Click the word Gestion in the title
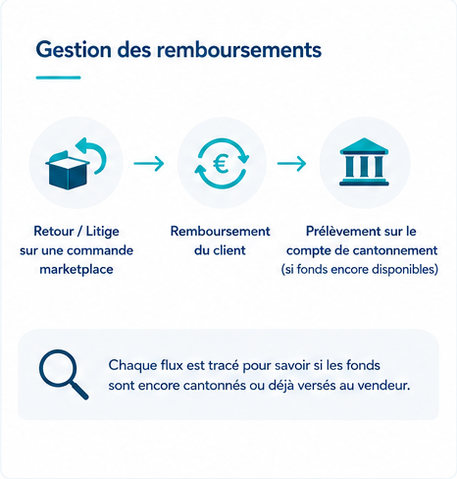click(74, 50)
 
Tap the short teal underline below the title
click(58, 78)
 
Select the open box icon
click(68, 170)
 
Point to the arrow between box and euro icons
click(149, 163)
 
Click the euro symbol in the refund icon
click(222, 163)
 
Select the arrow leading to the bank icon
click(291, 163)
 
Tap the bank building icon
click(364, 162)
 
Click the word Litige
click(102, 232)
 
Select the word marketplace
click(76, 270)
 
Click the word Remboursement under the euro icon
click(220, 232)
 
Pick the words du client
click(220, 250)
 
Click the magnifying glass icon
click(63, 374)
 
